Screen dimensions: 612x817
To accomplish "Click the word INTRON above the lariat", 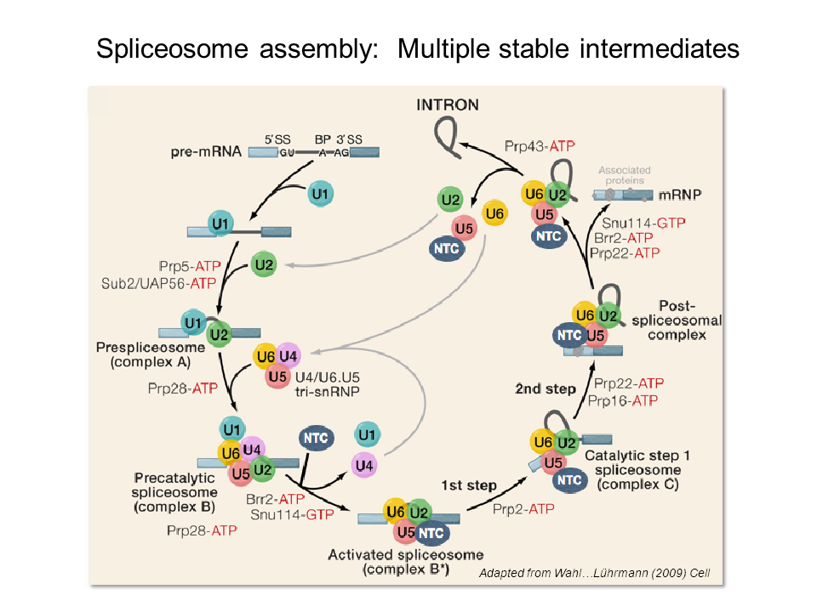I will (448, 105).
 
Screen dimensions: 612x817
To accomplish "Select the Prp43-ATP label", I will (540, 145).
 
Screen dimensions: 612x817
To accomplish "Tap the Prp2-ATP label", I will (523, 508).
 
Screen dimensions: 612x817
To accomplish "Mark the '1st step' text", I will (468, 485).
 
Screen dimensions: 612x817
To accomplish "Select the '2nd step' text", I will (546, 388).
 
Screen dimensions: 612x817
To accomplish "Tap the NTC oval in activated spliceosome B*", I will (432, 533).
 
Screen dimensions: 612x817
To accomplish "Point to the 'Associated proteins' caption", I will (621, 175).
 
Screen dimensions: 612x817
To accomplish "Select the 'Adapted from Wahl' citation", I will (594, 574).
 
